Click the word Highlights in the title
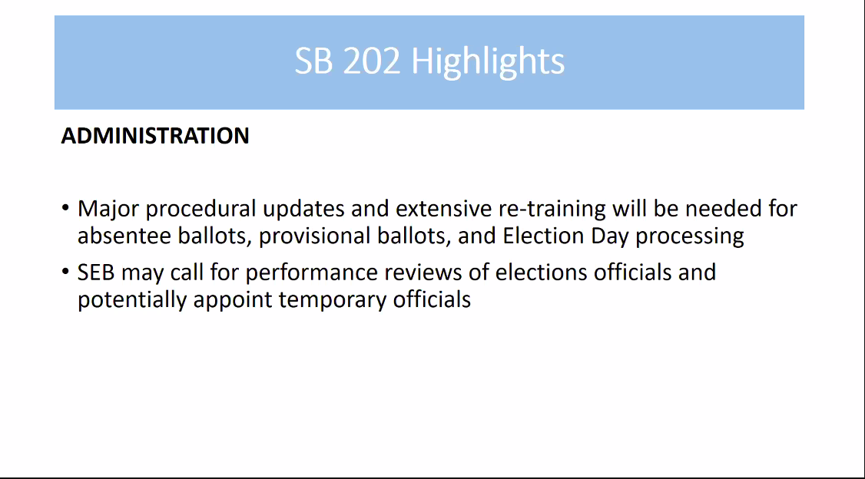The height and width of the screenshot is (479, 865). pyautogui.click(x=488, y=61)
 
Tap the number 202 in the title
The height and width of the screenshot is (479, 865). pyautogui.click(x=371, y=61)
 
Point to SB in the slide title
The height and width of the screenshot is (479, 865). pyautogui.click(x=314, y=61)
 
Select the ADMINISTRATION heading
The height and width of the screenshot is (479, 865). pyautogui.click(x=155, y=136)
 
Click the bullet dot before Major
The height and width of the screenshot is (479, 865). pyautogui.click(x=65, y=208)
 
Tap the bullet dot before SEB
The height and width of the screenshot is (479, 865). pyautogui.click(x=65, y=271)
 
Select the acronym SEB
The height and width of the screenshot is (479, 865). pyautogui.click(x=96, y=273)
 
